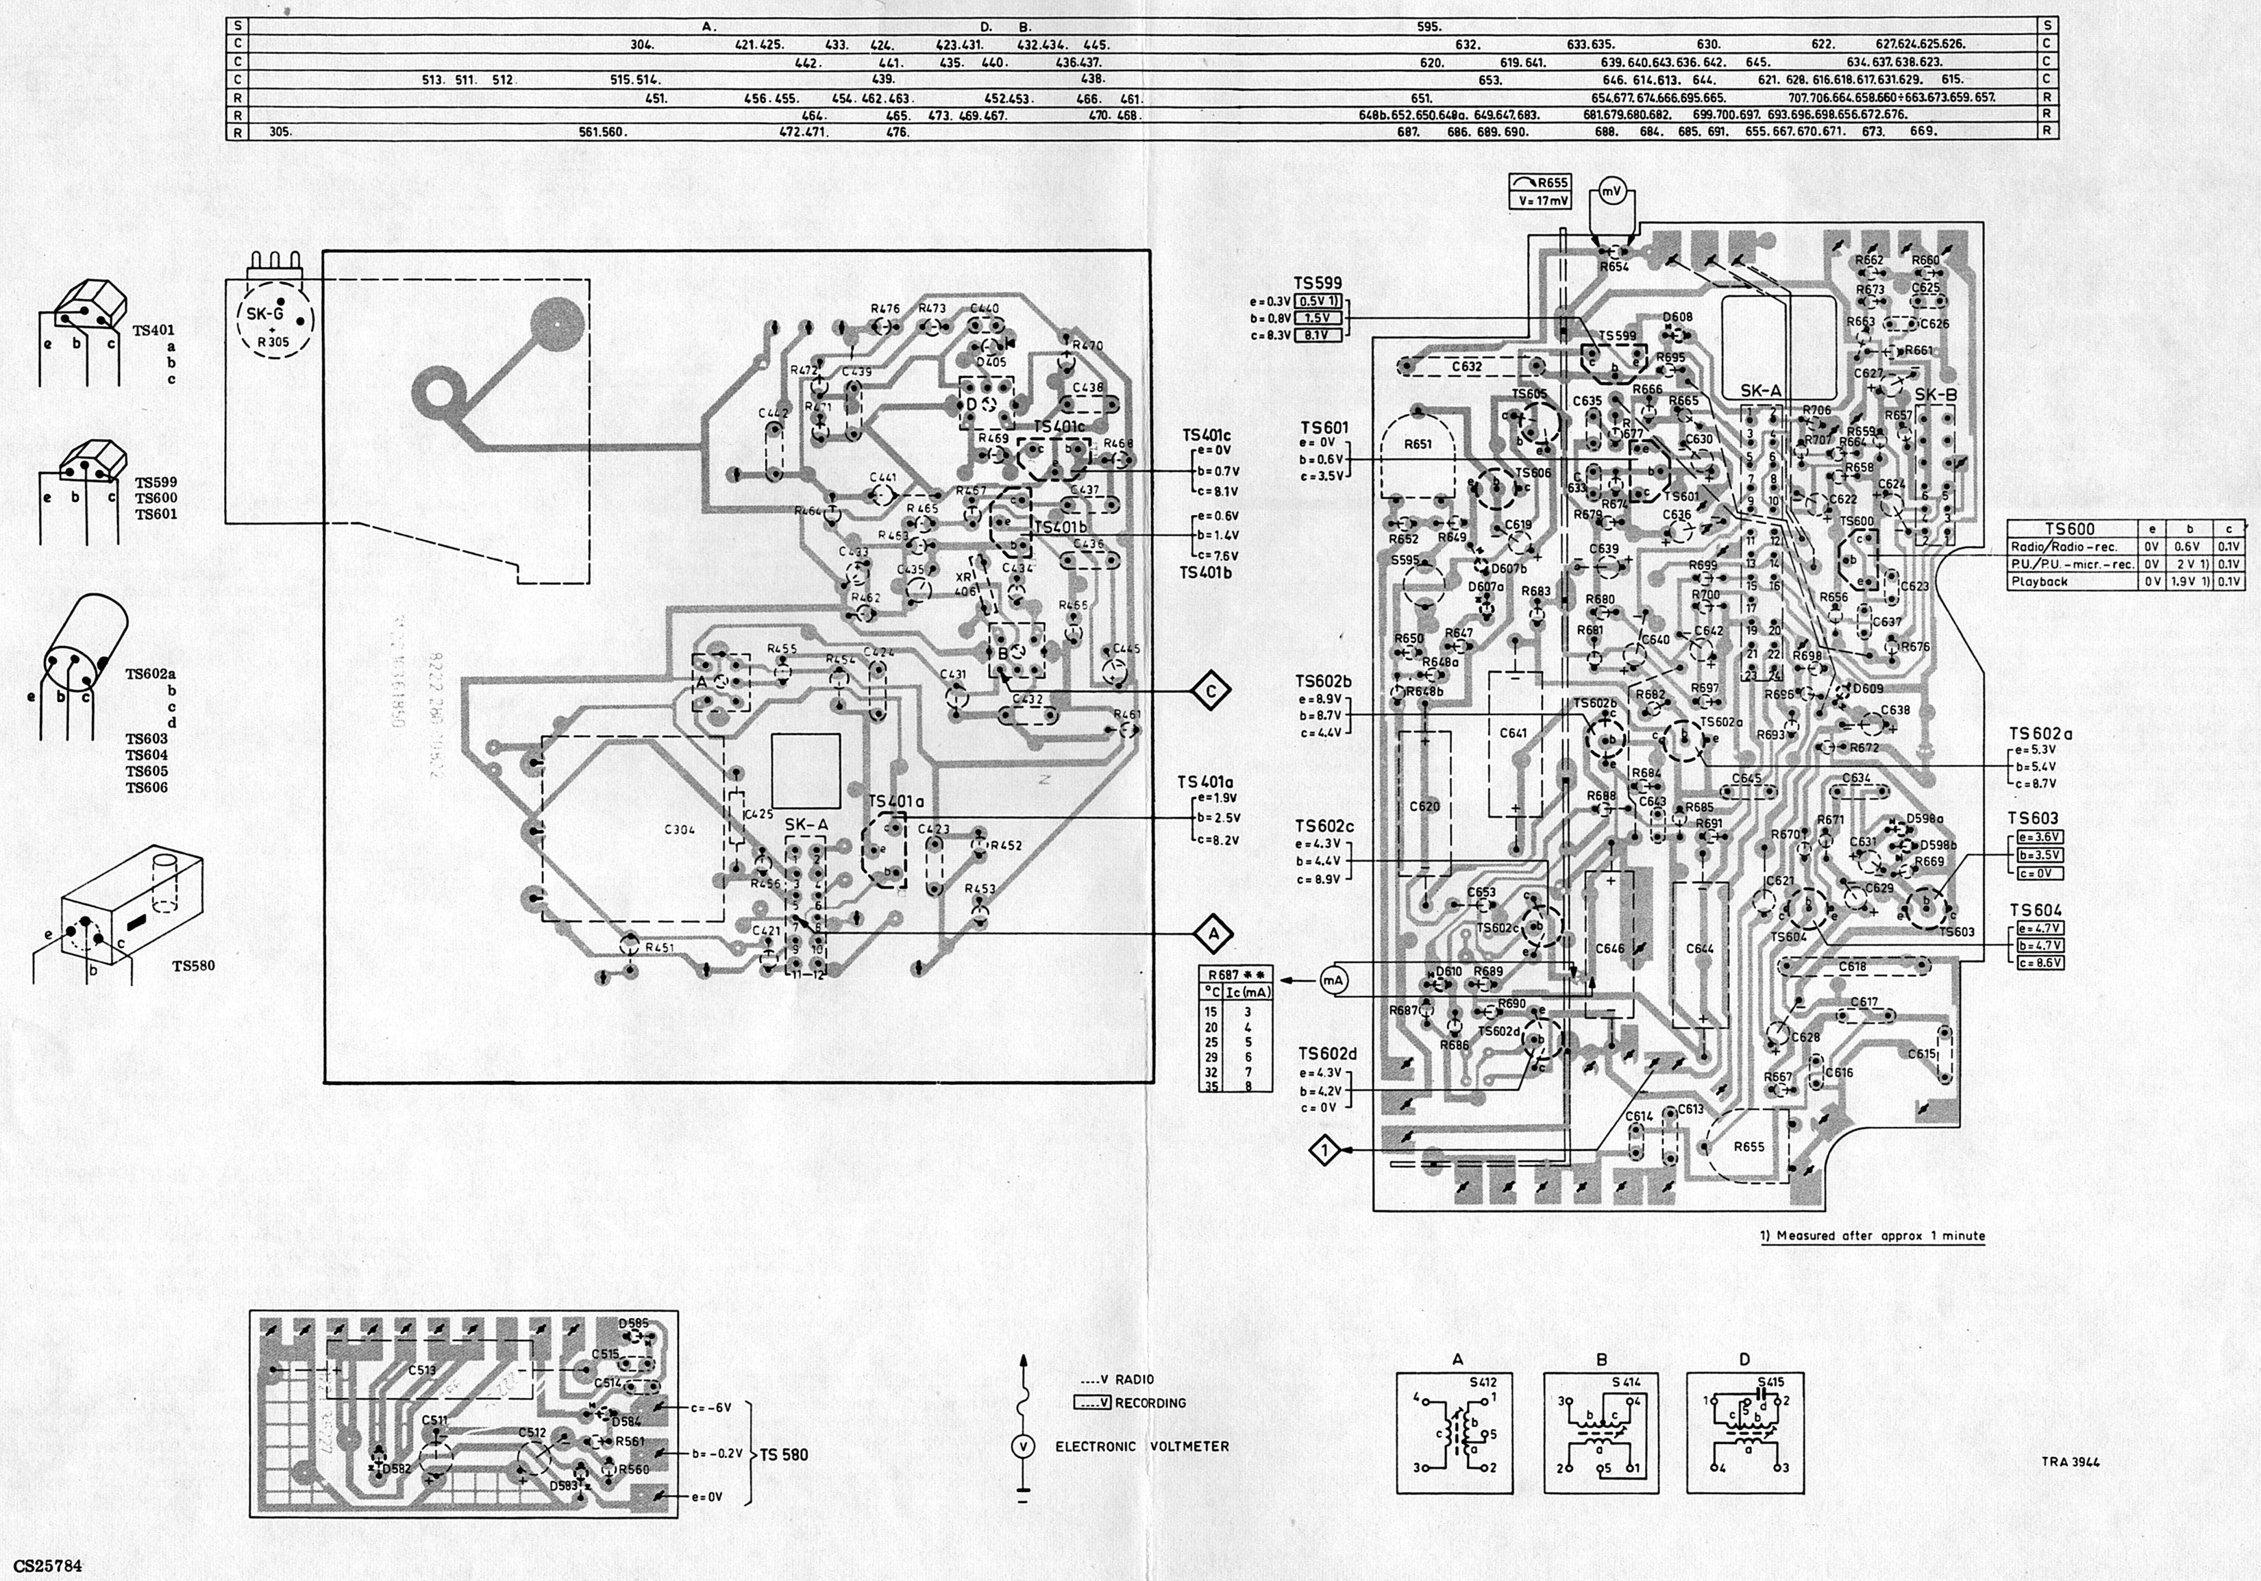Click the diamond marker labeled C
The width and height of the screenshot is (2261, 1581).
1211,691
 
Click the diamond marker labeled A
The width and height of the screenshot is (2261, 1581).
1213,932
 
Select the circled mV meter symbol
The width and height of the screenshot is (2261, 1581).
1611,191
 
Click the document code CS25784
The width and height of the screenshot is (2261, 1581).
48,1565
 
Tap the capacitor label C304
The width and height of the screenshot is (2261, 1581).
680,829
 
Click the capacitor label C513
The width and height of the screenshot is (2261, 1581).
421,1369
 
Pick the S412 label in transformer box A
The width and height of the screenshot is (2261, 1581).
1483,1382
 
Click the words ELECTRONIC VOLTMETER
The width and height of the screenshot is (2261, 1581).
1141,1446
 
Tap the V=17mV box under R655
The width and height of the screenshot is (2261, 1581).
1540,201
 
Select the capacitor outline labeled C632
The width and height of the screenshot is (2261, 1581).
1466,366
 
